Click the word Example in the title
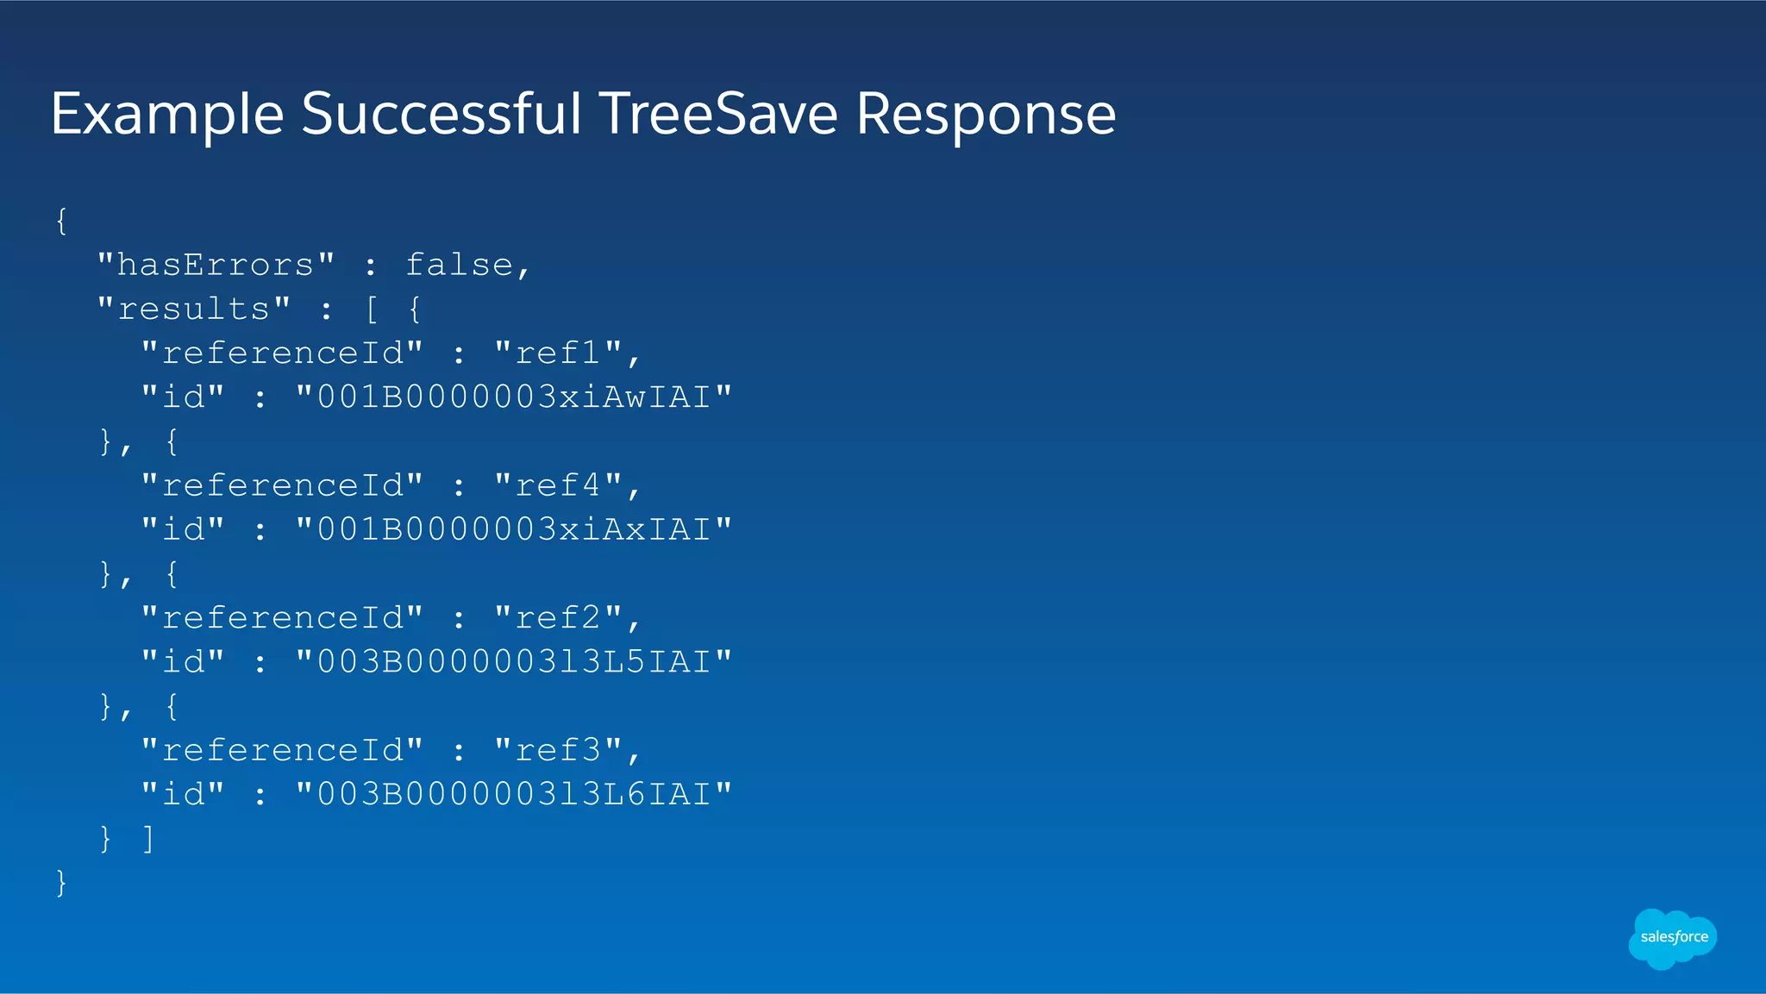pos(167,116)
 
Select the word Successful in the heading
pos(441,114)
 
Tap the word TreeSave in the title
pos(717,114)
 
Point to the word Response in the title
pos(986,116)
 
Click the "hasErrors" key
pos(216,265)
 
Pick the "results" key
pos(194,309)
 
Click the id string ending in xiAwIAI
pos(514,397)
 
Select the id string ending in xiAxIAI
pos(514,529)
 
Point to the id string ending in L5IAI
pos(514,662)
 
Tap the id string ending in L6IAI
pos(514,794)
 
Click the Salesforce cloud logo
pos(1673,938)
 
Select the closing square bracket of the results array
pos(148,839)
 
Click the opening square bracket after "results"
pos(372,309)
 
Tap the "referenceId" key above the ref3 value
pos(282,750)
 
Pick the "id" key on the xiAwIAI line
pos(183,397)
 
